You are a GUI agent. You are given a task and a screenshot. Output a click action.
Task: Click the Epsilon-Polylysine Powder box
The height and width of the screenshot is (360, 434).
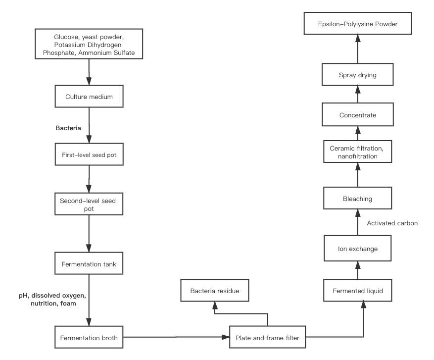tap(358, 23)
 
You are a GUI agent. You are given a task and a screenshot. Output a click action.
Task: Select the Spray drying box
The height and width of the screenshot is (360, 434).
tap(358, 74)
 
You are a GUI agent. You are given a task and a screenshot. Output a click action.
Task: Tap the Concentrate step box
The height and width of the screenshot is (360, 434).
tap(358, 115)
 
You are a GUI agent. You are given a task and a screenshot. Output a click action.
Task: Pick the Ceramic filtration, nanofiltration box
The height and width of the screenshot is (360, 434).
tap(358, 152)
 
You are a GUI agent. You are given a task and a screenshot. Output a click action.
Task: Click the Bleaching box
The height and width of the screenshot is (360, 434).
tap(358, 198)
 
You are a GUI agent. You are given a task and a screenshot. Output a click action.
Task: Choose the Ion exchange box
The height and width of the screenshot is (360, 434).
tap(358, 248)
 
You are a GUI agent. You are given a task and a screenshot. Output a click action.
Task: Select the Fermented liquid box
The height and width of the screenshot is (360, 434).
tap(358, 290)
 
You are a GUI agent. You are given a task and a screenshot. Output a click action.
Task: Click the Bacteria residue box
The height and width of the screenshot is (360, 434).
tap(215, 290)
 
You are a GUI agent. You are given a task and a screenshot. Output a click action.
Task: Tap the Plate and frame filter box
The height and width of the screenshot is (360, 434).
tap(268, 337)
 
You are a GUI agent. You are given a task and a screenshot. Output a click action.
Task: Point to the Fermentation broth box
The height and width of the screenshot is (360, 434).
tap(89, 337)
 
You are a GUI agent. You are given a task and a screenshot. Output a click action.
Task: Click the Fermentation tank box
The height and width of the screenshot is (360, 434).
tap(89, 263)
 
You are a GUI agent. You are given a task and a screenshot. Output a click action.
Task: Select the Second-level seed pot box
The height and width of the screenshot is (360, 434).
tap(89, 204)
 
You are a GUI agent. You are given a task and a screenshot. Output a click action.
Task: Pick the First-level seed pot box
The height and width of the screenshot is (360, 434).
tap(89, 154)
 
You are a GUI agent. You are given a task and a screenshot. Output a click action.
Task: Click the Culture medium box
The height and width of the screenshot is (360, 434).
tap(89, 97)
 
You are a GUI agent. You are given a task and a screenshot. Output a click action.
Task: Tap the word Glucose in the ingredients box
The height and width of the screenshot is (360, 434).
tap(66, 37)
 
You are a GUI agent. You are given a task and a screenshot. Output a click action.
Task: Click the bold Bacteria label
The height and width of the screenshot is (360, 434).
tap(68, 128)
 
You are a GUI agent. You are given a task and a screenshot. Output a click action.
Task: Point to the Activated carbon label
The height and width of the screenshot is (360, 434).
tap(392, 223)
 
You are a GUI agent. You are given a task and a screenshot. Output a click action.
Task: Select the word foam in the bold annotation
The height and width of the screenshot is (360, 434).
tap(68, 304)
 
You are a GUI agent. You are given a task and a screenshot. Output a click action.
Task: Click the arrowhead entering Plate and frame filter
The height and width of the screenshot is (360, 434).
tap(226, 337)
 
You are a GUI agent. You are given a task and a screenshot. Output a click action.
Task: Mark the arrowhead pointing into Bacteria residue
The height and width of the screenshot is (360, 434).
tap(215, 305)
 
